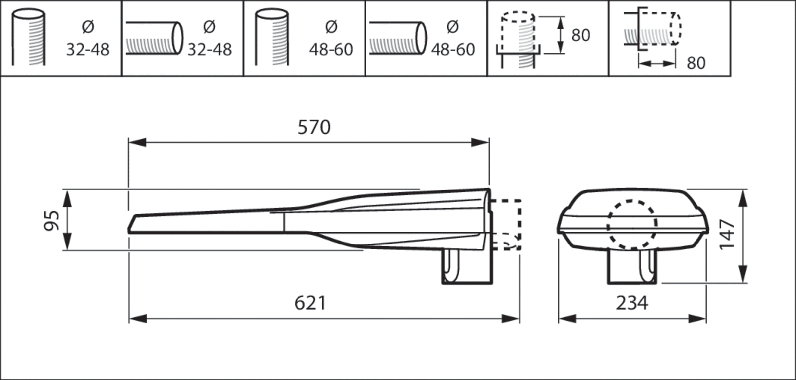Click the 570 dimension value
point(314,127)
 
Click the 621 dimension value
point(310,303)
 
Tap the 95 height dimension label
point(52,220)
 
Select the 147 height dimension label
point(727,234)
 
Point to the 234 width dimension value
point(632,303)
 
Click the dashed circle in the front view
point(632,225)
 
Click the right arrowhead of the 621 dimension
point(511,319)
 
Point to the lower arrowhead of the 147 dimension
point(743,274)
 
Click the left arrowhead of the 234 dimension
point(567,319)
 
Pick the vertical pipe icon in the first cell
point(29,37)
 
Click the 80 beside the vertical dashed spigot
point(581,35)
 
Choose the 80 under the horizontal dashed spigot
point(696,63)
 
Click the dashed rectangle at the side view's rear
point(506,225)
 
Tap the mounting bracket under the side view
point(467,267)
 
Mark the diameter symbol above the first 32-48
point(88,27)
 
